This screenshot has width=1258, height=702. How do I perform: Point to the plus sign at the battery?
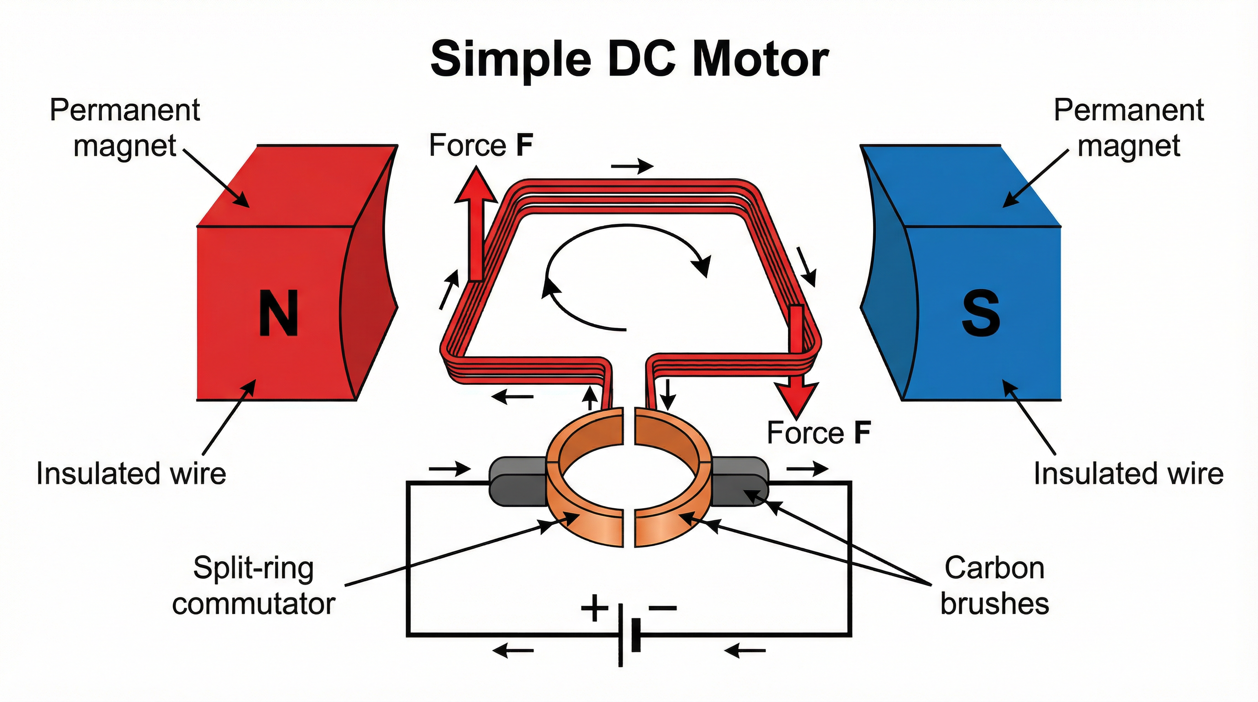[594, 608]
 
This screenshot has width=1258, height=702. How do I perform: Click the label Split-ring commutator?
[253, 586]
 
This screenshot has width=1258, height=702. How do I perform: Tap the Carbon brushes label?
[994, 586]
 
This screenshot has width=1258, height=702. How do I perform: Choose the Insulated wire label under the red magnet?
[131, 473]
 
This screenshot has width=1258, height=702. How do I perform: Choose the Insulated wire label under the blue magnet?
[1129, 473]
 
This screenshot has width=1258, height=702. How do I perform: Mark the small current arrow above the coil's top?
[632, 167]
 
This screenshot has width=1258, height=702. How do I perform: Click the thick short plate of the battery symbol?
[636, 635]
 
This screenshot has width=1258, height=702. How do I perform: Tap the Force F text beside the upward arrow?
[480, 145]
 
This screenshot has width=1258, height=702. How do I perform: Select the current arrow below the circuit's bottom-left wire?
[513, 651]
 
